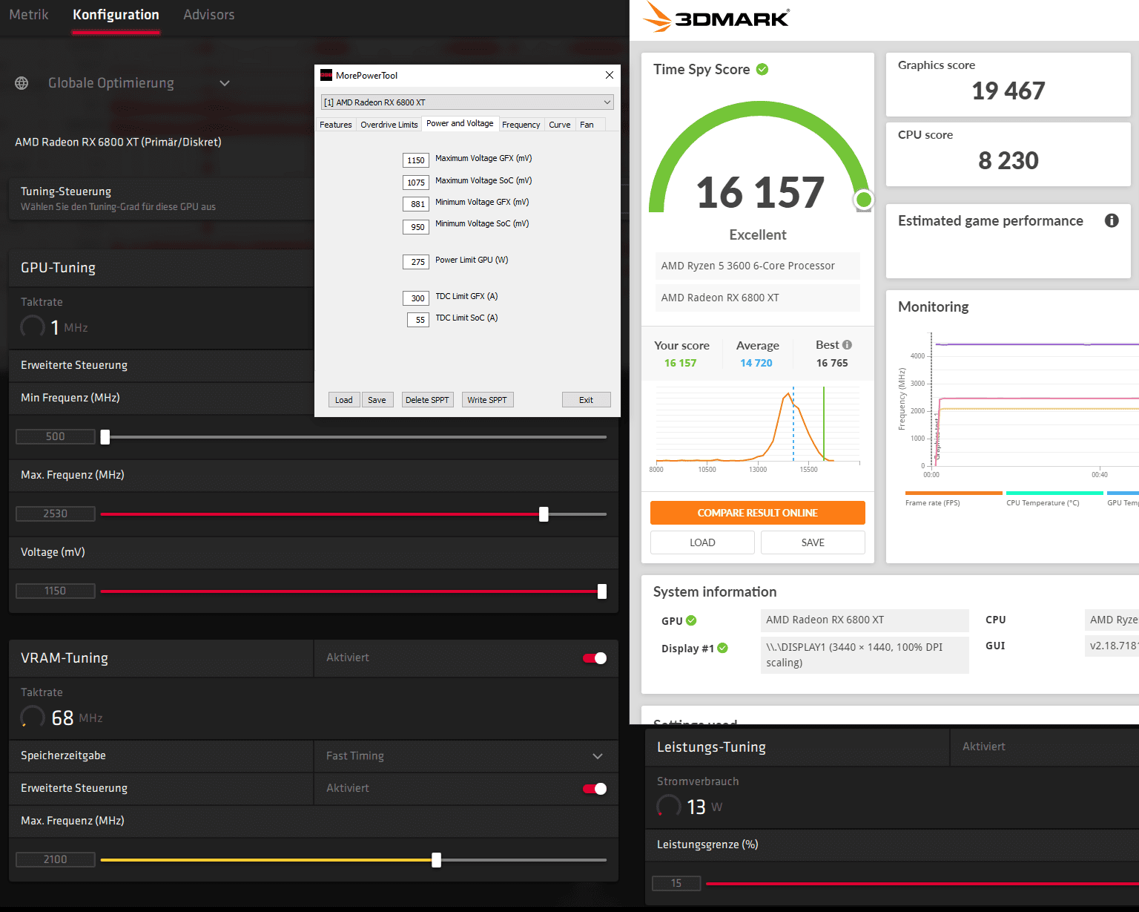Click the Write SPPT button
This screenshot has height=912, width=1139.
[x=487, y=400]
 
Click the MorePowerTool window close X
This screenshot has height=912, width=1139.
[x=610, y=75]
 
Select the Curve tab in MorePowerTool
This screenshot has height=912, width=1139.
[x=560, y=125]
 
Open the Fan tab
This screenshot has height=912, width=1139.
[x=587, y=125]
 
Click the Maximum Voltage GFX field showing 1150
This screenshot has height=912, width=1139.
[x=416, y=160]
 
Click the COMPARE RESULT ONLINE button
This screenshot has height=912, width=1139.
[x=757, y=513]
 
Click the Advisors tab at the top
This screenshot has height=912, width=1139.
[x=208, y=15]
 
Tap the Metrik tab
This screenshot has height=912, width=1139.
[x=29, y=15]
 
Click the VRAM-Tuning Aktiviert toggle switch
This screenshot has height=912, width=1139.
[x=595, y=658]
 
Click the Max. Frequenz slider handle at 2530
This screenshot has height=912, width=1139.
[x=544, y=514]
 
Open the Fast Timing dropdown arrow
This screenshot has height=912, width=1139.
[x=598, y=756]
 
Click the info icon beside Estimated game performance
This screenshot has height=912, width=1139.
[x=1112, y=220]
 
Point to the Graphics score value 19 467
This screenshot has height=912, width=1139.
[x=1008, y=91]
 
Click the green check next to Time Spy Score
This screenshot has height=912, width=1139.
[x=762, y=69]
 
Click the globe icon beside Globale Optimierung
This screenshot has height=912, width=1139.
[x=22, y=83]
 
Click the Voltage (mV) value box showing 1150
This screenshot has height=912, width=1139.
[x=56, y=591]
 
